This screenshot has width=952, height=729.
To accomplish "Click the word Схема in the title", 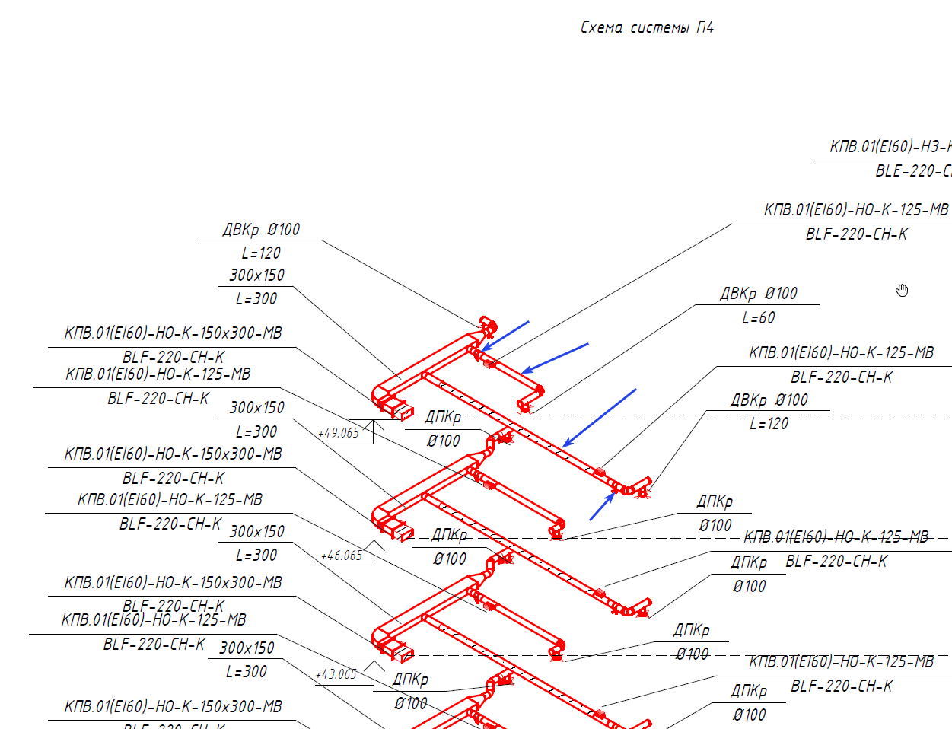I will [601, 28].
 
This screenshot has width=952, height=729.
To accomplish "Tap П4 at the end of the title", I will [705, 28].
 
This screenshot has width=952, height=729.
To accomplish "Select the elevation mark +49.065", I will [339, 433].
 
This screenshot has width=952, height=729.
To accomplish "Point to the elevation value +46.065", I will [342, 556].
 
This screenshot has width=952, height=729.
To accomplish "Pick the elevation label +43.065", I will [336, 674].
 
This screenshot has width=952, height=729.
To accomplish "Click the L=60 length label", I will [758, 318].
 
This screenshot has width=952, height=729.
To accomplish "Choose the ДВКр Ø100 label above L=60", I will [758, 294].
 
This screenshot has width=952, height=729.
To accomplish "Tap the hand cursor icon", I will [902, 290].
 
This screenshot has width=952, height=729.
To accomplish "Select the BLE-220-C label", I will [912, 171].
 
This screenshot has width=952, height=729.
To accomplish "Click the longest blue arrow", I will [600, 418].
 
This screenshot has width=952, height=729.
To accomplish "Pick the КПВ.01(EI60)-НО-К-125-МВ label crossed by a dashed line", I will [836, 537].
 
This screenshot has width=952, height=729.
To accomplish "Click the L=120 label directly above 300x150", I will [261, 253].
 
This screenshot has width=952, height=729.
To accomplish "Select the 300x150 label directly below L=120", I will [256, 275].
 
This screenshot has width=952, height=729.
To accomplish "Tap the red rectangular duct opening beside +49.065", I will [397, 409].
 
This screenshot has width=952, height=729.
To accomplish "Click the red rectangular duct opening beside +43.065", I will [397, 651].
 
